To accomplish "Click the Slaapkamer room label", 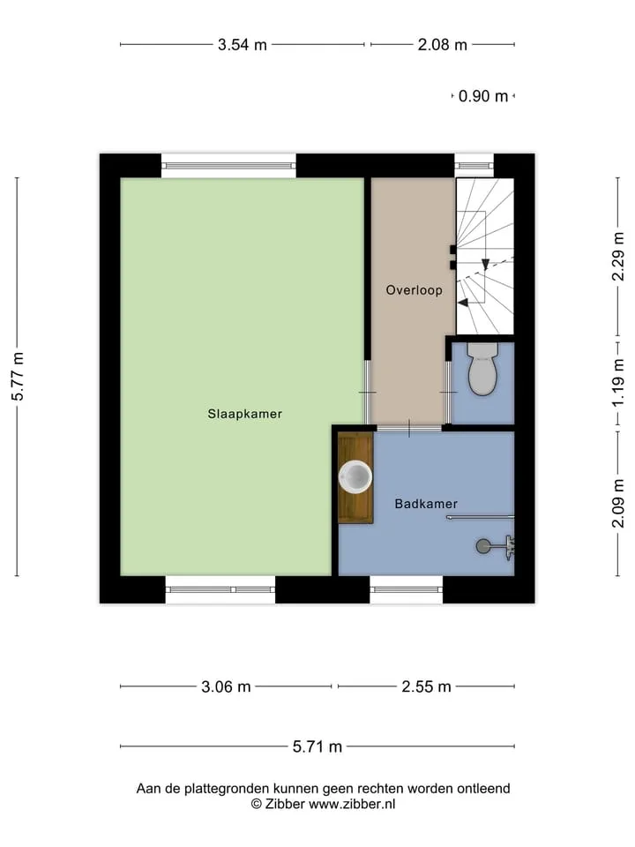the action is pos(244,414).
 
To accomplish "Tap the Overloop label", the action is pos(415,290).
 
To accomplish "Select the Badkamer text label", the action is pos(426,504).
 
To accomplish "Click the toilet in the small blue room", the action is pos(482,369).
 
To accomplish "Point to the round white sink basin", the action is pos(355,477).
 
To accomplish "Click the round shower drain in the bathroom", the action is pos(483,546).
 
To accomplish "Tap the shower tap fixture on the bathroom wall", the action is pos(509,547).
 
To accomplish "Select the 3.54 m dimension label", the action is pos(243,44).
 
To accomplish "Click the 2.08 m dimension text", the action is pos(442,44).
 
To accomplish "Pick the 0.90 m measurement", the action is pos(483,96).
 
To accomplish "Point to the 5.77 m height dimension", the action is pos(18,377).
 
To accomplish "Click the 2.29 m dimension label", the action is pos(618,257).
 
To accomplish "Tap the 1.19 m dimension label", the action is pos(618,382).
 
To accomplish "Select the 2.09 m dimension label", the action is pos(618,504).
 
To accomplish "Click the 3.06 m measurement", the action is pos(226,686).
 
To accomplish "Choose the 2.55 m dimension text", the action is pos(426,686).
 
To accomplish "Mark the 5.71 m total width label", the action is pos(317,746).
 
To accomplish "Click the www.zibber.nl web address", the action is pos(352,804).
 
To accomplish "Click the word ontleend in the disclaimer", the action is pos(483,789).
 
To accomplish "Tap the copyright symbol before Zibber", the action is pos(257,804).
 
